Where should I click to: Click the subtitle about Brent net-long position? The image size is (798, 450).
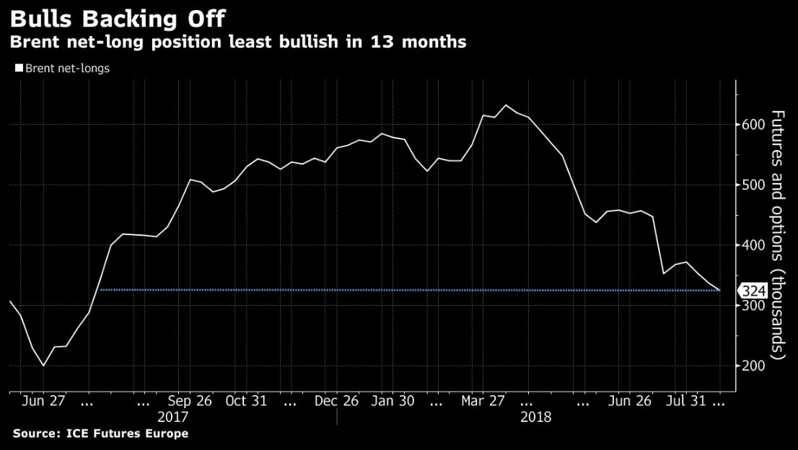(x=237, y=43)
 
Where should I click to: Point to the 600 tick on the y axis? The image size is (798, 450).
(x=753, y=125)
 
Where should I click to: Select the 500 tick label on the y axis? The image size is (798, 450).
(x=753, y=185)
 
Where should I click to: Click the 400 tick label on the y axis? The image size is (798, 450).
(x=753, y=246)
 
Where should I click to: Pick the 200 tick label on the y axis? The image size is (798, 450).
(x=753, y=366)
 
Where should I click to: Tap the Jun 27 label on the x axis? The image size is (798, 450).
(x=43, y=401)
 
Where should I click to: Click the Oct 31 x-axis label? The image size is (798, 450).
(x=246, y=401)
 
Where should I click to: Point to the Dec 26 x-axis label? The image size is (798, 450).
(x=337, y=401)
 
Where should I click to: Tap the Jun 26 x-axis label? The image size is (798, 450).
(x=631, y=401)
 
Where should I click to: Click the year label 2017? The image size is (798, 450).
(x=172, y=417)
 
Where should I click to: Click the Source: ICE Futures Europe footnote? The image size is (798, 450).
(x=100, y=433)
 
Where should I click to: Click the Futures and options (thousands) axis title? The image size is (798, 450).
(x=779, y=235)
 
